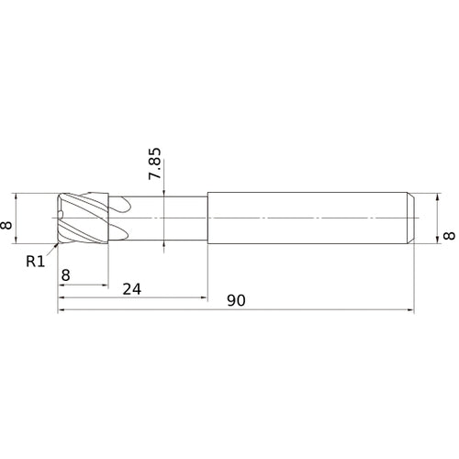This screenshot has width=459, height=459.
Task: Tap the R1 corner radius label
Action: tap(35, 261)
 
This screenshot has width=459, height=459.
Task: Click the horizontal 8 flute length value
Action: tap(65, 274)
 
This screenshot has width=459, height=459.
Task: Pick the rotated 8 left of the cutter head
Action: tap(8, 221)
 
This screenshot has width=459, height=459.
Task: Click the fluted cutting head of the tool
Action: tap(84, 218)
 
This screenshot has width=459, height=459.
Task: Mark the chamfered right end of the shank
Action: tap(410, 218)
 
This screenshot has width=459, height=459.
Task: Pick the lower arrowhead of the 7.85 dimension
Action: tap(162, 243)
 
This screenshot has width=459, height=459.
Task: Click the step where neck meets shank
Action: tap(207, 218)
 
